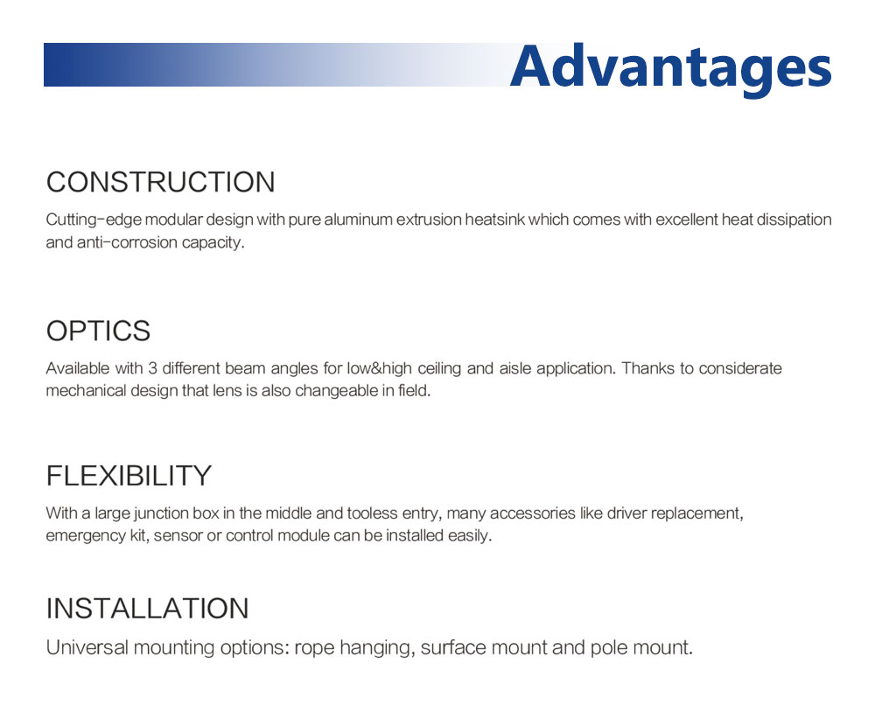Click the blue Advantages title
click(671, 68)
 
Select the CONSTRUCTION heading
click(161, 183)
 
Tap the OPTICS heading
click(98, 331)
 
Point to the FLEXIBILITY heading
click(129, 476)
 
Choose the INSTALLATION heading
click(147, 608)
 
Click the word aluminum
click(358, 220)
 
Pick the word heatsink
click(495, 220)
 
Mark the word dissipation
click(794, 220)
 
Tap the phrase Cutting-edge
click(94, 220)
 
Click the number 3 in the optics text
click(152, 369)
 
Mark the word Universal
click(87, 648)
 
